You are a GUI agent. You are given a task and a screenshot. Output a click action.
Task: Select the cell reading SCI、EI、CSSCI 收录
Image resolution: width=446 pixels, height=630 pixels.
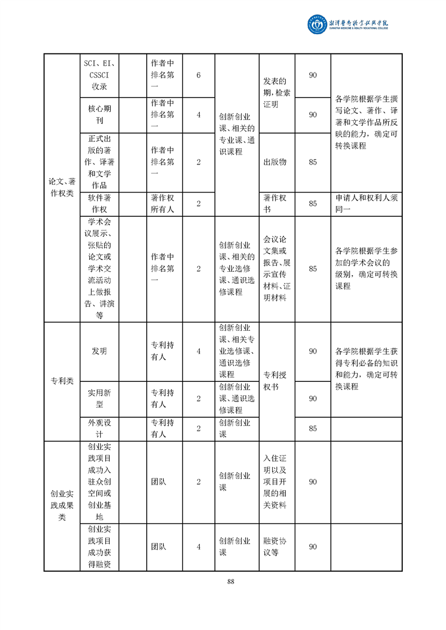pyautogui.click(x=99, y=75)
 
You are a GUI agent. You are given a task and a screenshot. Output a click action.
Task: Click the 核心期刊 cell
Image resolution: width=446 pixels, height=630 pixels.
pyautogui.click(x=99, y=115)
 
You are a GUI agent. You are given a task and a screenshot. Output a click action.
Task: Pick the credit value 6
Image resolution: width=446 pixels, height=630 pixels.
pyautogui.click(x=199, y=75)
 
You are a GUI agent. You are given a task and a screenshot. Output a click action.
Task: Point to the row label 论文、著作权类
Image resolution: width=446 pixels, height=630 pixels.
pyautogui.click(x=61, y=186)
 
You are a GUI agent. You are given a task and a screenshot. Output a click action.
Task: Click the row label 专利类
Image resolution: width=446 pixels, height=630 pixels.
pyautogui.click(x=61, y=381)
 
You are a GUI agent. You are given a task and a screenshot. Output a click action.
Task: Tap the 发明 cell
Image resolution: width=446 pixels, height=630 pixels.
pyautogui.click(x=99, y=351)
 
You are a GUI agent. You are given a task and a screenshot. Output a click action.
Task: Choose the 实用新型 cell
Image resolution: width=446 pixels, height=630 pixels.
pyautogui.click(x=99, y=398)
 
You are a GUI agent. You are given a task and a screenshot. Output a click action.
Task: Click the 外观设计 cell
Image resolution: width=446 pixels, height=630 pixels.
pyautogui.click(x=99, y=428)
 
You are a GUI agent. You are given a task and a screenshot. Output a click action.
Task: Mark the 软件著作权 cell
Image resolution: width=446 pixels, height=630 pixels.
pyautogui.click(x=99, y=203)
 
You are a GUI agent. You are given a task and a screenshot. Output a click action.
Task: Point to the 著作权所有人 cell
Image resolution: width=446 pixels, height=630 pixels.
pyautogui.click(x=163, y=203)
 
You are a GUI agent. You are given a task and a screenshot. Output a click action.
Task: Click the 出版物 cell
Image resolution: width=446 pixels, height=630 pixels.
pyautogui.click(x=275, y=162)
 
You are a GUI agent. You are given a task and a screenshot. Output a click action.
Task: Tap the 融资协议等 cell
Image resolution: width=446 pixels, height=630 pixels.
pyautogui.click(x=275, y=546)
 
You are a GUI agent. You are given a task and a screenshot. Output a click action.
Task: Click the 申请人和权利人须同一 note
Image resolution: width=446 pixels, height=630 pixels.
pyautogui.click(x=366, y=203)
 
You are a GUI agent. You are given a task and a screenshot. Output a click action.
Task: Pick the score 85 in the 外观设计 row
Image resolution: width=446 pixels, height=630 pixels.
pyautogui.click(x=313, y=428)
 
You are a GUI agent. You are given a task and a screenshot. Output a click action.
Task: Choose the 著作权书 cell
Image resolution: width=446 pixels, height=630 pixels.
pyautogui.click(x=275, y=203)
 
